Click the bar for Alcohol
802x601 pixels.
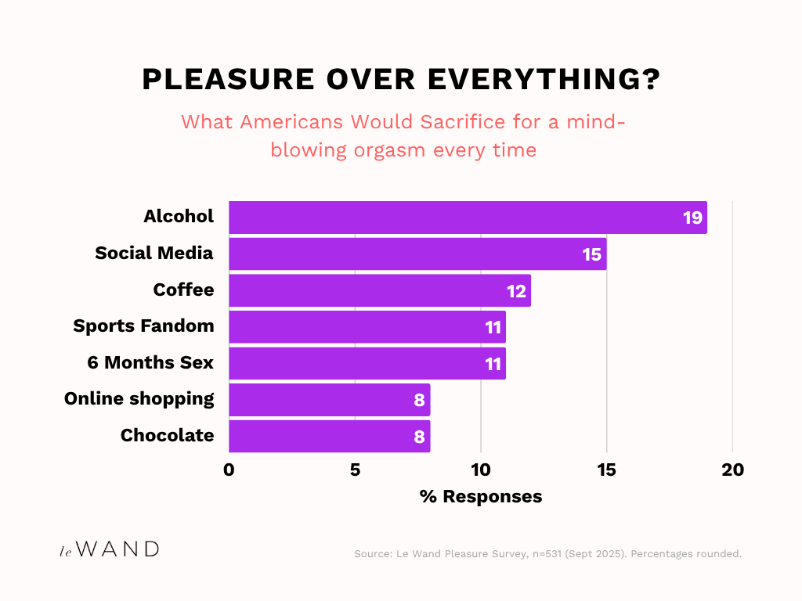468,218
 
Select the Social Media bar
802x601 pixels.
417,254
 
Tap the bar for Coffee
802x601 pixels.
380,290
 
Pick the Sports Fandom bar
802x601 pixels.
367,327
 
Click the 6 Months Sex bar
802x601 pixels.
367,364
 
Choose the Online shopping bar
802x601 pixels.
329,400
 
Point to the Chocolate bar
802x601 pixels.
329,437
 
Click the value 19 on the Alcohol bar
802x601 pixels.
692,218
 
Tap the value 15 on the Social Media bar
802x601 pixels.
591,254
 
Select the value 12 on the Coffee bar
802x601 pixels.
516,290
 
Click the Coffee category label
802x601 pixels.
183,290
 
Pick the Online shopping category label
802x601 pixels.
139,399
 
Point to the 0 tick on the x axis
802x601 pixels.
229,470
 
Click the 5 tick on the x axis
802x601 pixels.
355,470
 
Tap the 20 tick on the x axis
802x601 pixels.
733,470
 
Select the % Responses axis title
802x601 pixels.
481,497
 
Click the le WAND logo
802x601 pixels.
110,549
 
